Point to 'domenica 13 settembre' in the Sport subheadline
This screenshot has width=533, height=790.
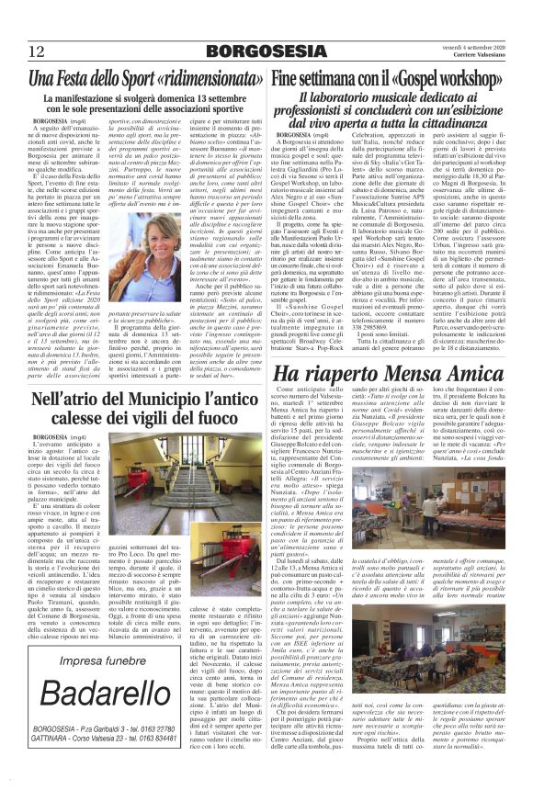click(x=201, y=98)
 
